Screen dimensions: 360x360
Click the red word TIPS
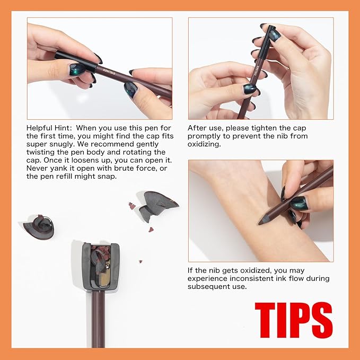294,320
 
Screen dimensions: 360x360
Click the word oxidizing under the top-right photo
204,144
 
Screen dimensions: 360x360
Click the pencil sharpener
101,266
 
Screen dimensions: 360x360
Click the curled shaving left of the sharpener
39,227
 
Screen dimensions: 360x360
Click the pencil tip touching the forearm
260,223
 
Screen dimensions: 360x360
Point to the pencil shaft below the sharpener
98,319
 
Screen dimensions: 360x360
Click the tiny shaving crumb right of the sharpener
141,261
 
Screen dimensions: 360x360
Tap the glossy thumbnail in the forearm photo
299,203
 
